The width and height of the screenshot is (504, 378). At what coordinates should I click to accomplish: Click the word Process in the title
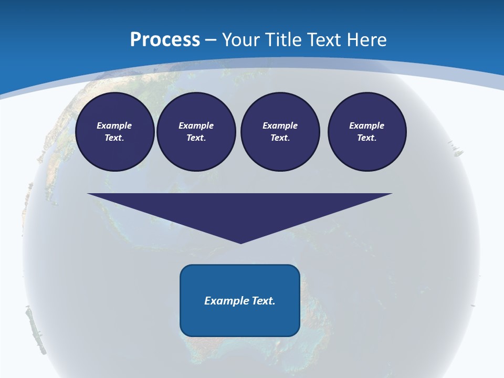pos(165,40)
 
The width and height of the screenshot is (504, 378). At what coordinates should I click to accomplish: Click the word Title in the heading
pos(283,40)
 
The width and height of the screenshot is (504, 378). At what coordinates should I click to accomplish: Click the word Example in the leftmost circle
pos(114,125)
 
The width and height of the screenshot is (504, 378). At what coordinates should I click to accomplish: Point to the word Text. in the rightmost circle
pos(367,138)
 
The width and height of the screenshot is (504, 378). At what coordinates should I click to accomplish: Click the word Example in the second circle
pos(196,125)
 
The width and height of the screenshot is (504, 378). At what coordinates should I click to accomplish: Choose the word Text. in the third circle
pos(280,138)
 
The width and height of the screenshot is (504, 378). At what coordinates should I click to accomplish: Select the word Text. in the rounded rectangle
pos(265,301)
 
